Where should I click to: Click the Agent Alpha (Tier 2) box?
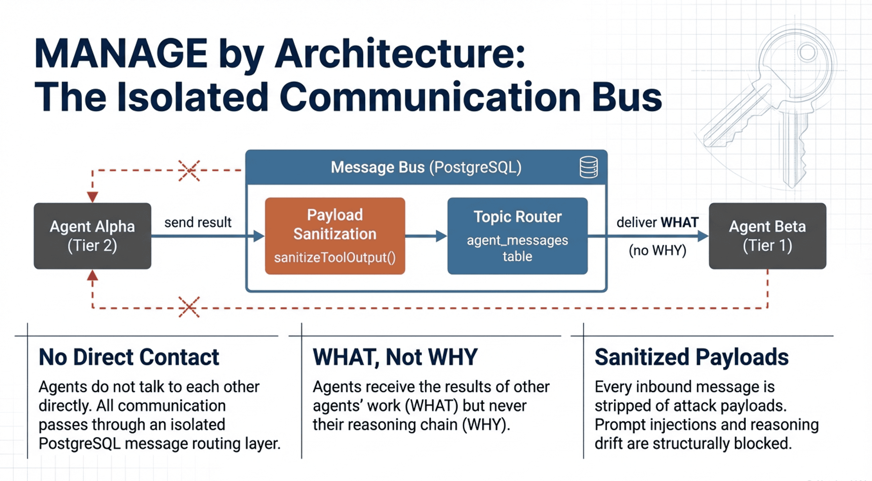(x=92, y=236)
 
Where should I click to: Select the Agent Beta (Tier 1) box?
(x=767, y=236)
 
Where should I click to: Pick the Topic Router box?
(x=517, y=236)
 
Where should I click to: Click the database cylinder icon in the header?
(x=588, y=167)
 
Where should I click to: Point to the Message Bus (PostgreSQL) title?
(x=426, y=167)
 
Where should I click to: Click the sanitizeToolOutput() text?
(x=334, y=257)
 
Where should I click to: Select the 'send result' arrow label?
(x=198, y=223)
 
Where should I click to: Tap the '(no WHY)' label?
(x=658, y=250)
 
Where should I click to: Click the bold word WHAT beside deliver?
(x=679, y=223)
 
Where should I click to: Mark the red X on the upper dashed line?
(x=189, y=171)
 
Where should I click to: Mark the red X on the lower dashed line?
(x=189, y=307)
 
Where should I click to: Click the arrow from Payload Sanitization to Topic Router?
(x=426, y=236)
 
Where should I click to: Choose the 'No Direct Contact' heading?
(x=129, y=357)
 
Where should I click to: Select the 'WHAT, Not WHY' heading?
(x=395, y=357)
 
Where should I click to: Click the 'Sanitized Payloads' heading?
(x=691, y=357)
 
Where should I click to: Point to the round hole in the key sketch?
(x=808, y=52)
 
